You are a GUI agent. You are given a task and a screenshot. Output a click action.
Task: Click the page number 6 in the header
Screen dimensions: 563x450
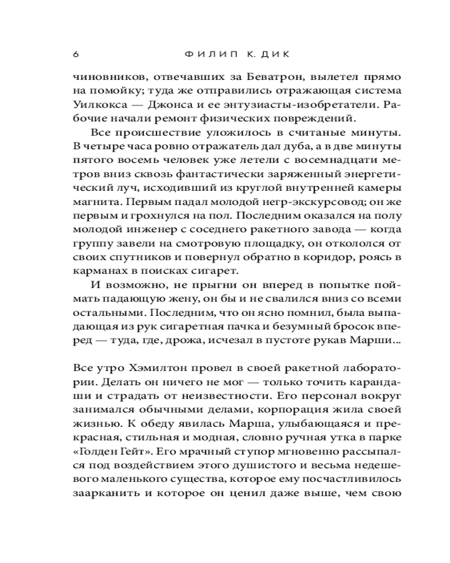tap(75, 55)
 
